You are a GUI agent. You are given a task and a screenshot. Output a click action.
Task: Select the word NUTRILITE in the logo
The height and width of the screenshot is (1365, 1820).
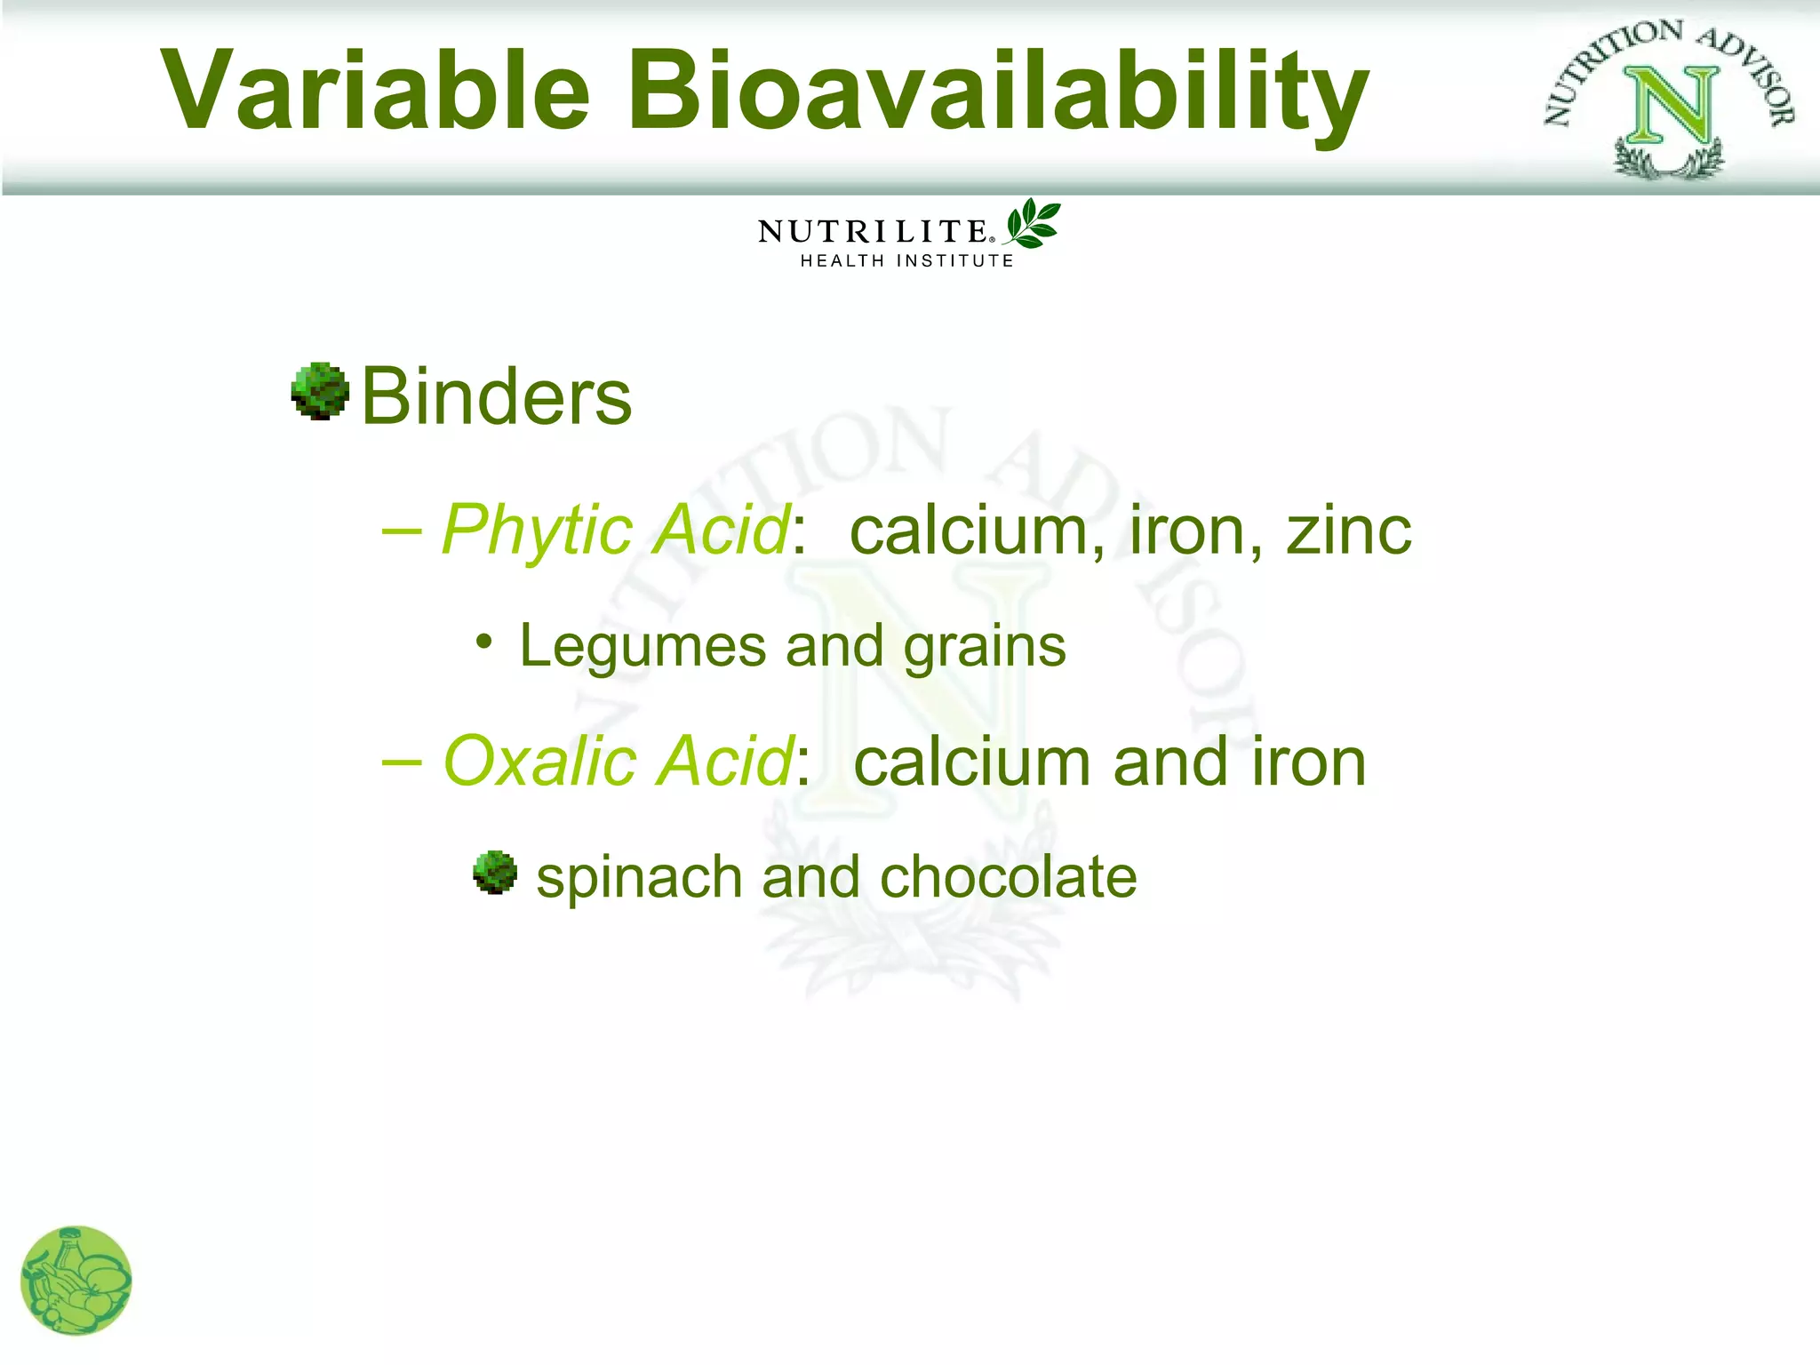coord(873,232)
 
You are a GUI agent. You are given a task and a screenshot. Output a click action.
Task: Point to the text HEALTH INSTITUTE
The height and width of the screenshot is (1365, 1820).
coord(906,261)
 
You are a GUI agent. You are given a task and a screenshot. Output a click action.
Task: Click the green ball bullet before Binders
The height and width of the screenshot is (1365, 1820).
coord(319,391)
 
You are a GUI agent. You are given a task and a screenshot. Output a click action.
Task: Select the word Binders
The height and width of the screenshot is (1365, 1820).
coord(496,396)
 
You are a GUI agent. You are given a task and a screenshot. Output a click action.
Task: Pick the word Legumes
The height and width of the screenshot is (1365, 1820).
coord(643,646)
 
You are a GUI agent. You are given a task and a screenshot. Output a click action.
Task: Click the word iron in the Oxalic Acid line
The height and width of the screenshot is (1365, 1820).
coord(1308,762)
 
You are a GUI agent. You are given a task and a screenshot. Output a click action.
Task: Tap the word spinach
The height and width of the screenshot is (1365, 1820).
coord(640,878)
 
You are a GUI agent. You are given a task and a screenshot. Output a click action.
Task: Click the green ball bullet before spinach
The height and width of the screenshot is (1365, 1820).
coord(494,872)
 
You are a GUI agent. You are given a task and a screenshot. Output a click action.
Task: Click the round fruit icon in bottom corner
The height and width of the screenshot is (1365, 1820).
coord(76,1281)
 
